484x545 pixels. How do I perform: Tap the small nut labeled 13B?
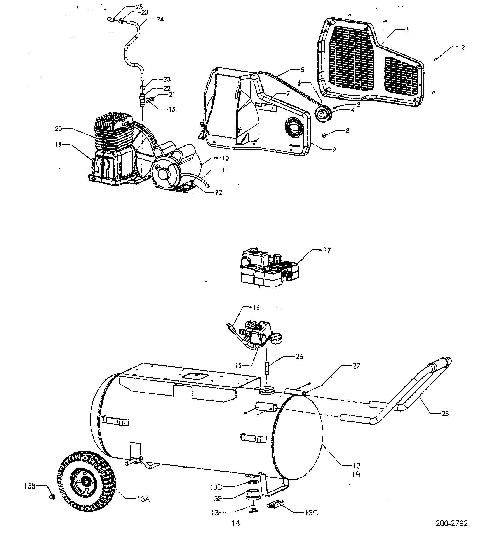coord(52,496)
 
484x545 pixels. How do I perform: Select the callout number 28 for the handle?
coord(445,414)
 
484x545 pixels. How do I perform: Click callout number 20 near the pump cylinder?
coord(58,129)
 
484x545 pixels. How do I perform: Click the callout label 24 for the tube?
coord(160,19)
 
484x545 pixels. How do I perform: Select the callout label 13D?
coord(216,487)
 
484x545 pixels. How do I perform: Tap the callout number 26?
coord(300,356)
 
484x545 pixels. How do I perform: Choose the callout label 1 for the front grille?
coord(407,30)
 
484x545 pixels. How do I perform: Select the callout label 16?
coord(256,308)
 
